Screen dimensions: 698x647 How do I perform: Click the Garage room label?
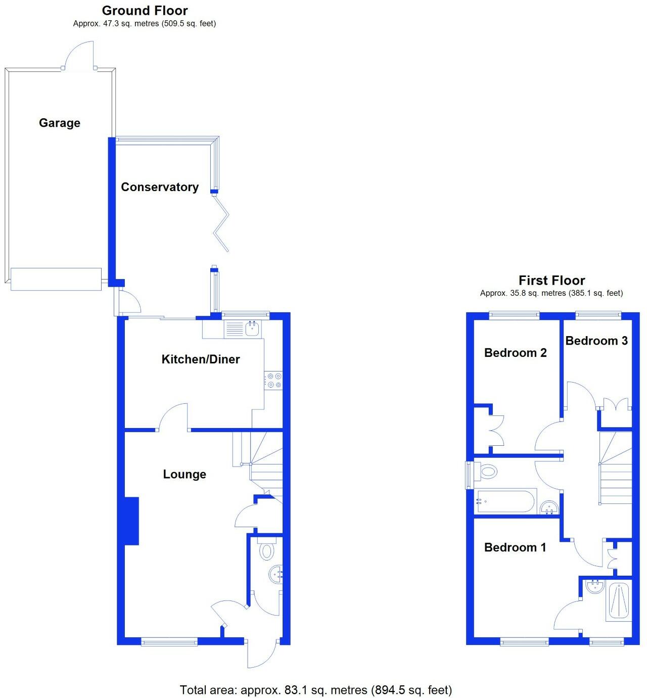(x=60, y=123)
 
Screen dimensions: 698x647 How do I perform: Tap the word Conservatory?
(x=160, y=187)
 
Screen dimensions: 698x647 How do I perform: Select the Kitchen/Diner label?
(x=201, y=359)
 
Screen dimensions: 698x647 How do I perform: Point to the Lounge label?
(x=184, y=474)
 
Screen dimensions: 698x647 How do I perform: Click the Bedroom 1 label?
(x=515, y=547)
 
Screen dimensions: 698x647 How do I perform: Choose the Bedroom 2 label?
(x=515, y=353)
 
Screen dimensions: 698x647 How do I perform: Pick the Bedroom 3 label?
(x=596, y=341)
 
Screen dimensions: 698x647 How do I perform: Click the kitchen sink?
(x=252, y=329)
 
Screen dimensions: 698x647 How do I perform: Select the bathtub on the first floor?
(x=505, y=501)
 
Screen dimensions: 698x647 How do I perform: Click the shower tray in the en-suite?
(x=619, y=601)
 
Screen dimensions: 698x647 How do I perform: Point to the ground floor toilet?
(x=266, y=550)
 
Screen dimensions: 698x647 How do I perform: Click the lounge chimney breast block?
(x=131, y=521)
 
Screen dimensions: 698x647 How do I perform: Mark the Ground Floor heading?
(x=145, y=11)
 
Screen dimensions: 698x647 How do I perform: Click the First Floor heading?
(x=551, y=281)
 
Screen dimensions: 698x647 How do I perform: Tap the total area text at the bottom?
(x=316, y=689)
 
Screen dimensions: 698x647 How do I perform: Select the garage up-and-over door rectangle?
(x=56, y=280)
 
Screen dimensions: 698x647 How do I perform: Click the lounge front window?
(x=169, y=642)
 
